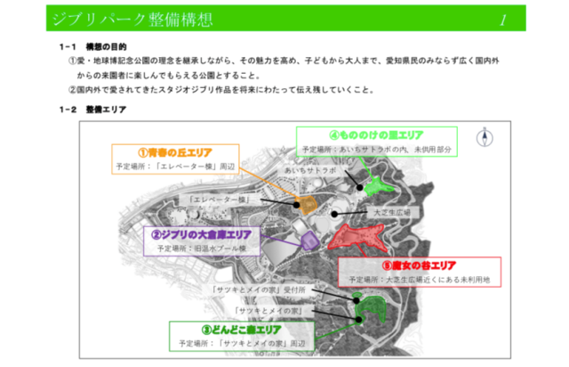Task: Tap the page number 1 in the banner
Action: tap(503, 18)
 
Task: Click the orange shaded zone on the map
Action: tap(307, 204)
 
